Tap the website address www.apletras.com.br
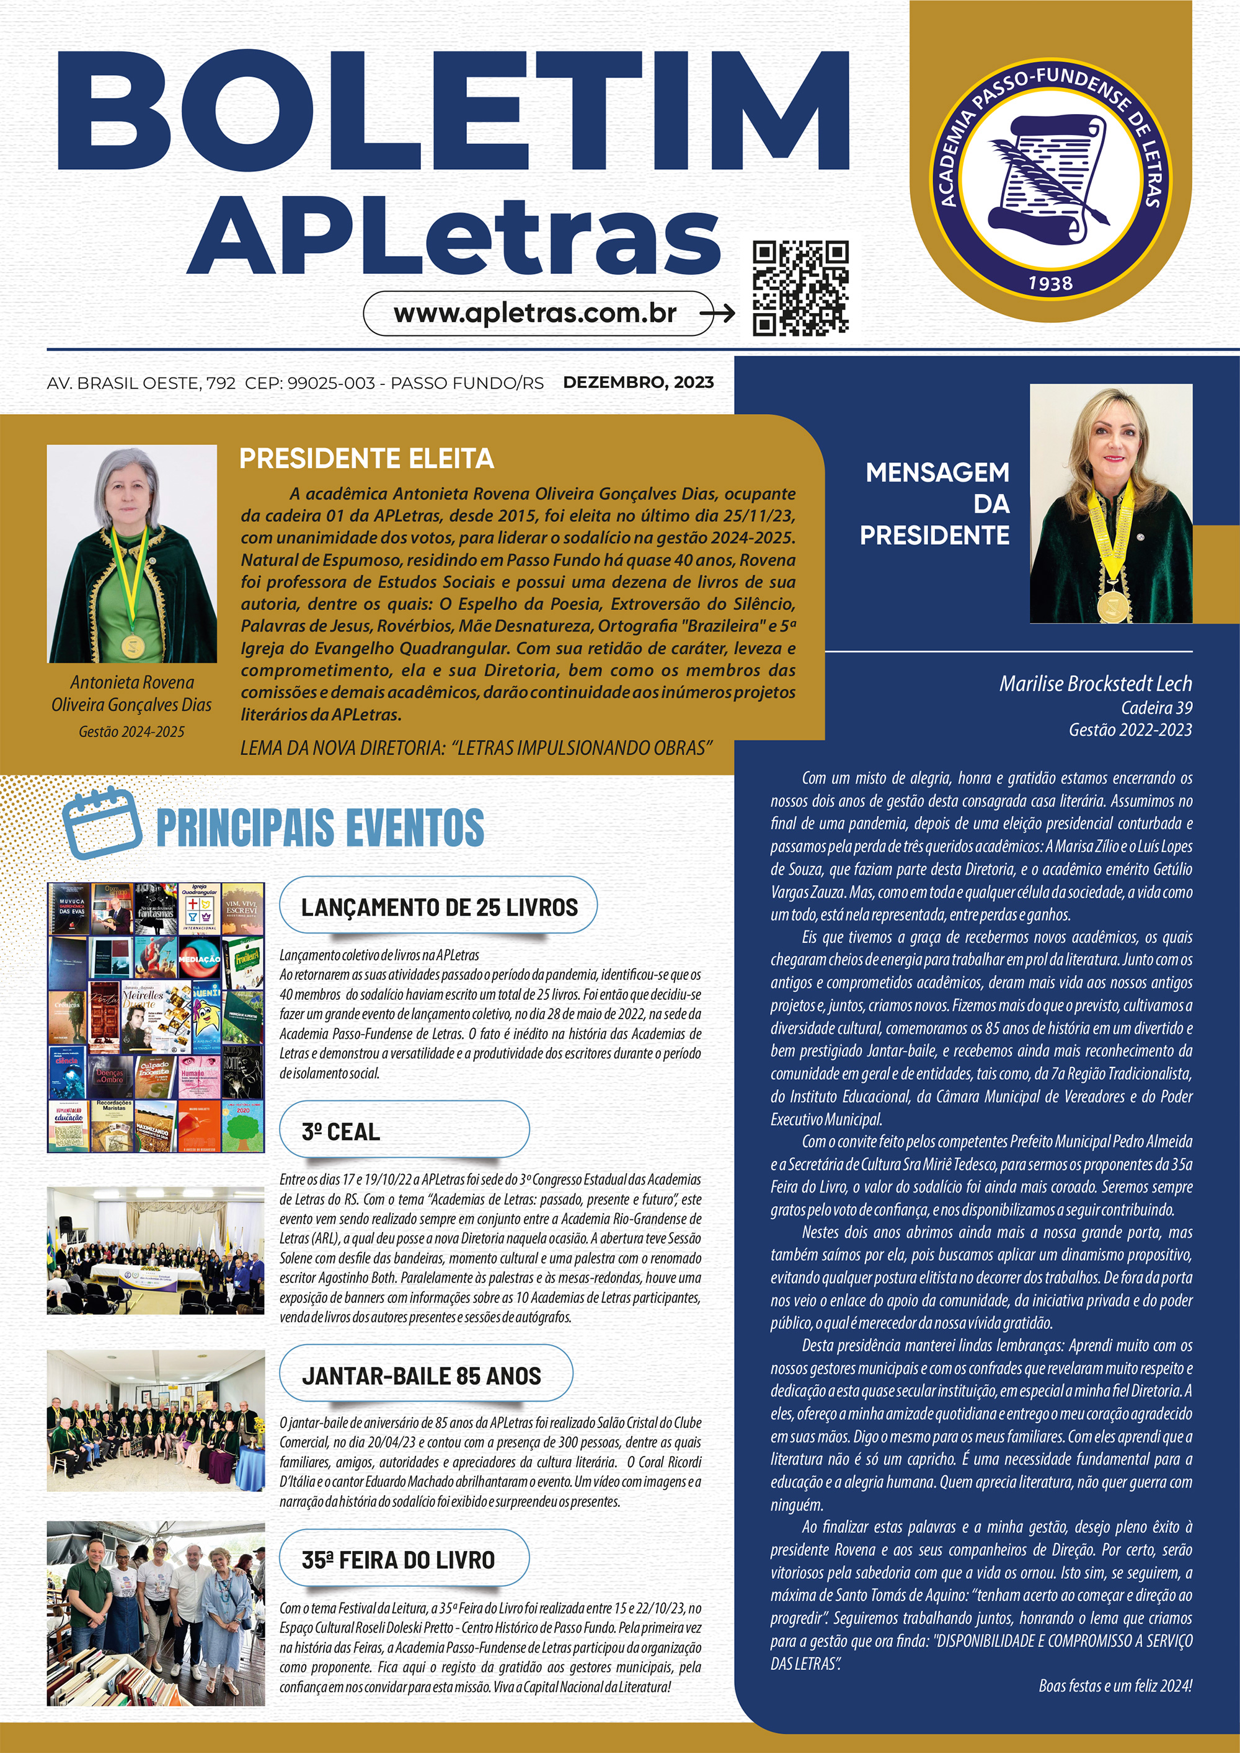534,313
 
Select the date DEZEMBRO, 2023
639,382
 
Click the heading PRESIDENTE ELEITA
366,458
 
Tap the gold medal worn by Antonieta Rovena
131,647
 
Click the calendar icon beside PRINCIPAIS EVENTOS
102,824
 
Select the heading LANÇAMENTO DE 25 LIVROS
439,907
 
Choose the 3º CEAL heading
340,1131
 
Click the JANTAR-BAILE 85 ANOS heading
422,1376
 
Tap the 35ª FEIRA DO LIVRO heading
398,1560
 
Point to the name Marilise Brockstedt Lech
1095,683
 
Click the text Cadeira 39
1156,708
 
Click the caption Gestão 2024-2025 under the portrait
131,731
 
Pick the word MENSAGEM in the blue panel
937,472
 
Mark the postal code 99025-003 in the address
330,382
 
